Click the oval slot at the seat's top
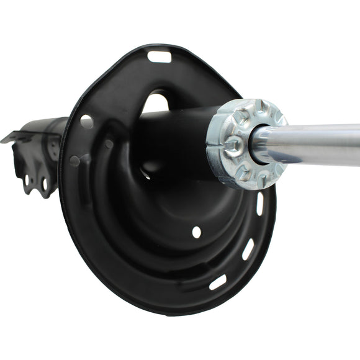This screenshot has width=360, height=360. [x=160, y=56]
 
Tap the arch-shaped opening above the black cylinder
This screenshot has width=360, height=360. [x=158, y=102]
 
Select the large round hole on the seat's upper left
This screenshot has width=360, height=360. [x=87, y=121]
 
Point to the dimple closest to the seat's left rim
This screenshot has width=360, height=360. [x=75, y=160]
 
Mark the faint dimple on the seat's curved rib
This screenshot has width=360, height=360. [x=109, y=144]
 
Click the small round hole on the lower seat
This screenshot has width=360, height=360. [x=196, y=232]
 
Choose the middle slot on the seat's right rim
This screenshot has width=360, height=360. [x=248, y=250]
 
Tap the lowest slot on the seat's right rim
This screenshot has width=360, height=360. [x=218, y=282]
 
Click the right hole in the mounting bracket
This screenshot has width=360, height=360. [x=45, y=184]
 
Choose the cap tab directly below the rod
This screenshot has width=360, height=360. [x=261, y=177]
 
